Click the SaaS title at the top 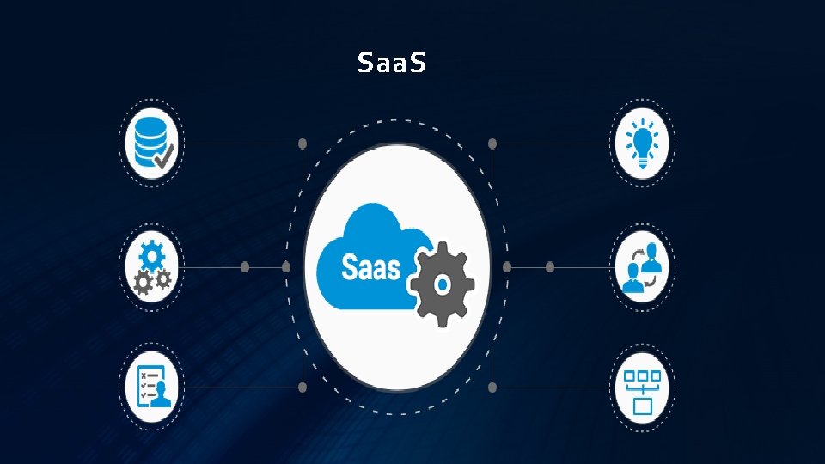(391, 63)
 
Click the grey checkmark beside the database (163, 155)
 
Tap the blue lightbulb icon (645, 140)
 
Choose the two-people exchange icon (645, 268)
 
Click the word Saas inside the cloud (371, 268)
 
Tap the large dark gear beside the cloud (440, 284)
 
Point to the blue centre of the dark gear (440, 284)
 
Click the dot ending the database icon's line (302, 143)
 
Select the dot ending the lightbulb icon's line (492, 143)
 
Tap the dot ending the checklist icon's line (302, 387)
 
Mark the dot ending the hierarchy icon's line (492, 387)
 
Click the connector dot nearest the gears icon (244, 267)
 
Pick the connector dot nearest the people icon (550, 267)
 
